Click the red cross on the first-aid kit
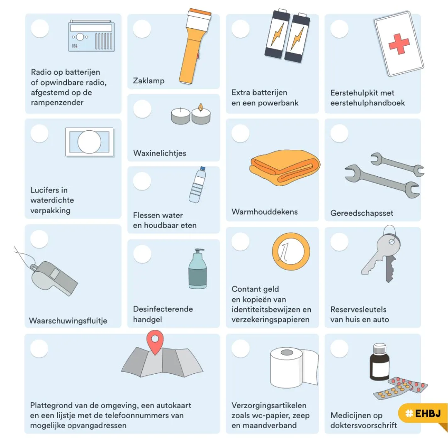(x=399, y=44)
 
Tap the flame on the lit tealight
(x=201, y=107)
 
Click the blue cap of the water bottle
(x=202, y=168)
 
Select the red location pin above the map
(x=155, y=342)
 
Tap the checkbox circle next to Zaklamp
(x=142, y=29)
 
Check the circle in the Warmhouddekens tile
(x=240, y=134)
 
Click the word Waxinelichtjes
(x=159, y=153)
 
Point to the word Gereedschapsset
(x=362, y=213)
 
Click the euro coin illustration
(x=291, y=251)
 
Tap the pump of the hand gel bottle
(x=199, y=251)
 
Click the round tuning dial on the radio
(x=80, y=37)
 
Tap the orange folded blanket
(x=285, y=167)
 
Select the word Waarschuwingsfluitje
(x=68, y=321)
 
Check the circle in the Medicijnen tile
(x=339, y=348)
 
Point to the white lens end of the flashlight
(x=199, y=19)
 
